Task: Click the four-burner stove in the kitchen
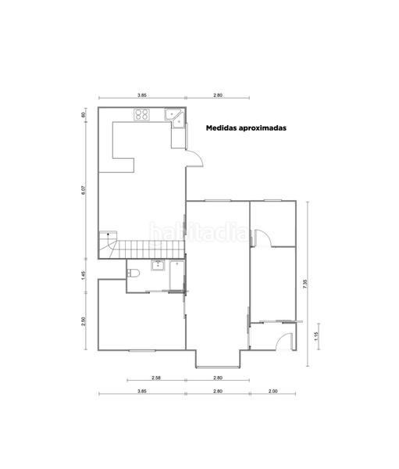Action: [x=141, y=115]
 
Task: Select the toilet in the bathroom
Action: [x=134, y=272]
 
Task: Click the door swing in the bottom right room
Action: [x=285, y=342]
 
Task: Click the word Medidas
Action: [x=223, y=127]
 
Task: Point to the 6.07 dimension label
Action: [x=83, y=190]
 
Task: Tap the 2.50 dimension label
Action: [x=83, y=320]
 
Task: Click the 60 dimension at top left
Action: [x=83, y=115]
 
